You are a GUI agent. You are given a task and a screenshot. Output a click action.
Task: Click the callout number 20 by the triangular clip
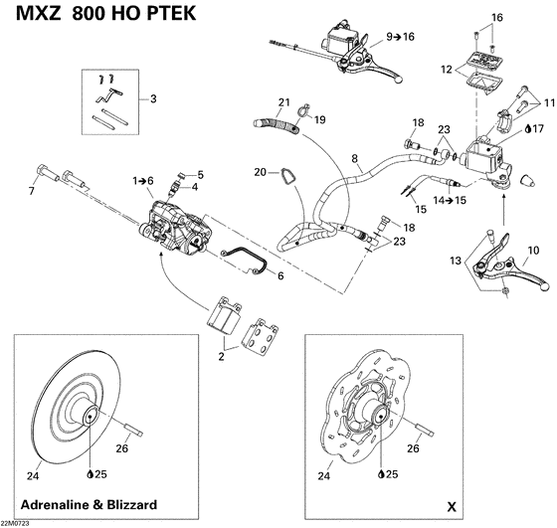tap(259, 172)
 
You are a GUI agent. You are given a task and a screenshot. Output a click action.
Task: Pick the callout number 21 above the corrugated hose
tap(283, 103)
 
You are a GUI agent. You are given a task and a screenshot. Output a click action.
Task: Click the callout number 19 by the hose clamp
tap(320, 120)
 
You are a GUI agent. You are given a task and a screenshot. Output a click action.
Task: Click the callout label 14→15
tap(429, 199)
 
